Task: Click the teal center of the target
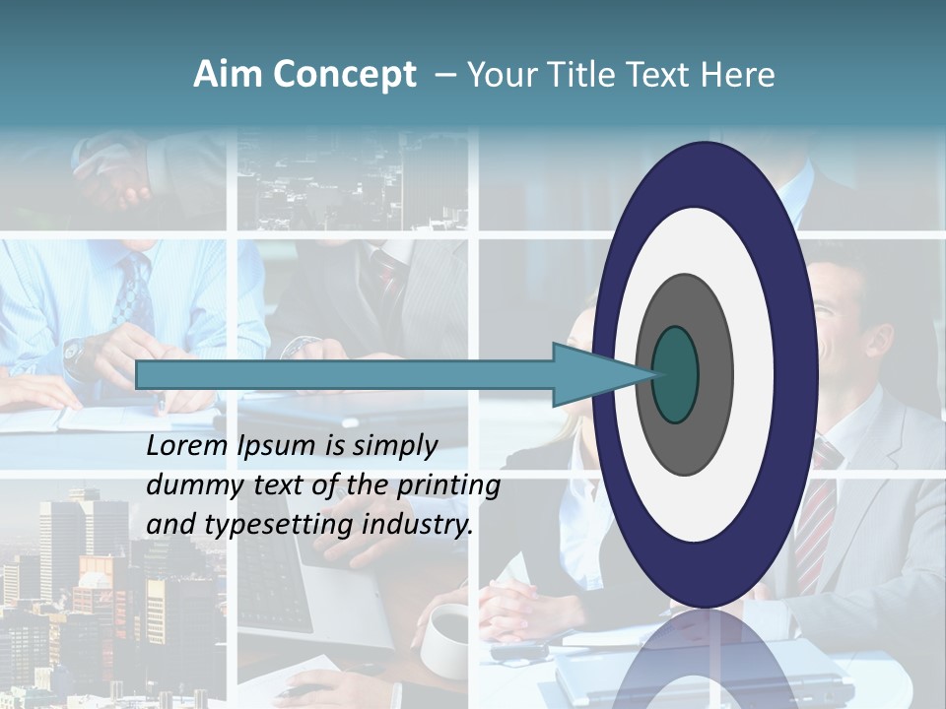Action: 676,374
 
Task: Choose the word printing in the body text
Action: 449,486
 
